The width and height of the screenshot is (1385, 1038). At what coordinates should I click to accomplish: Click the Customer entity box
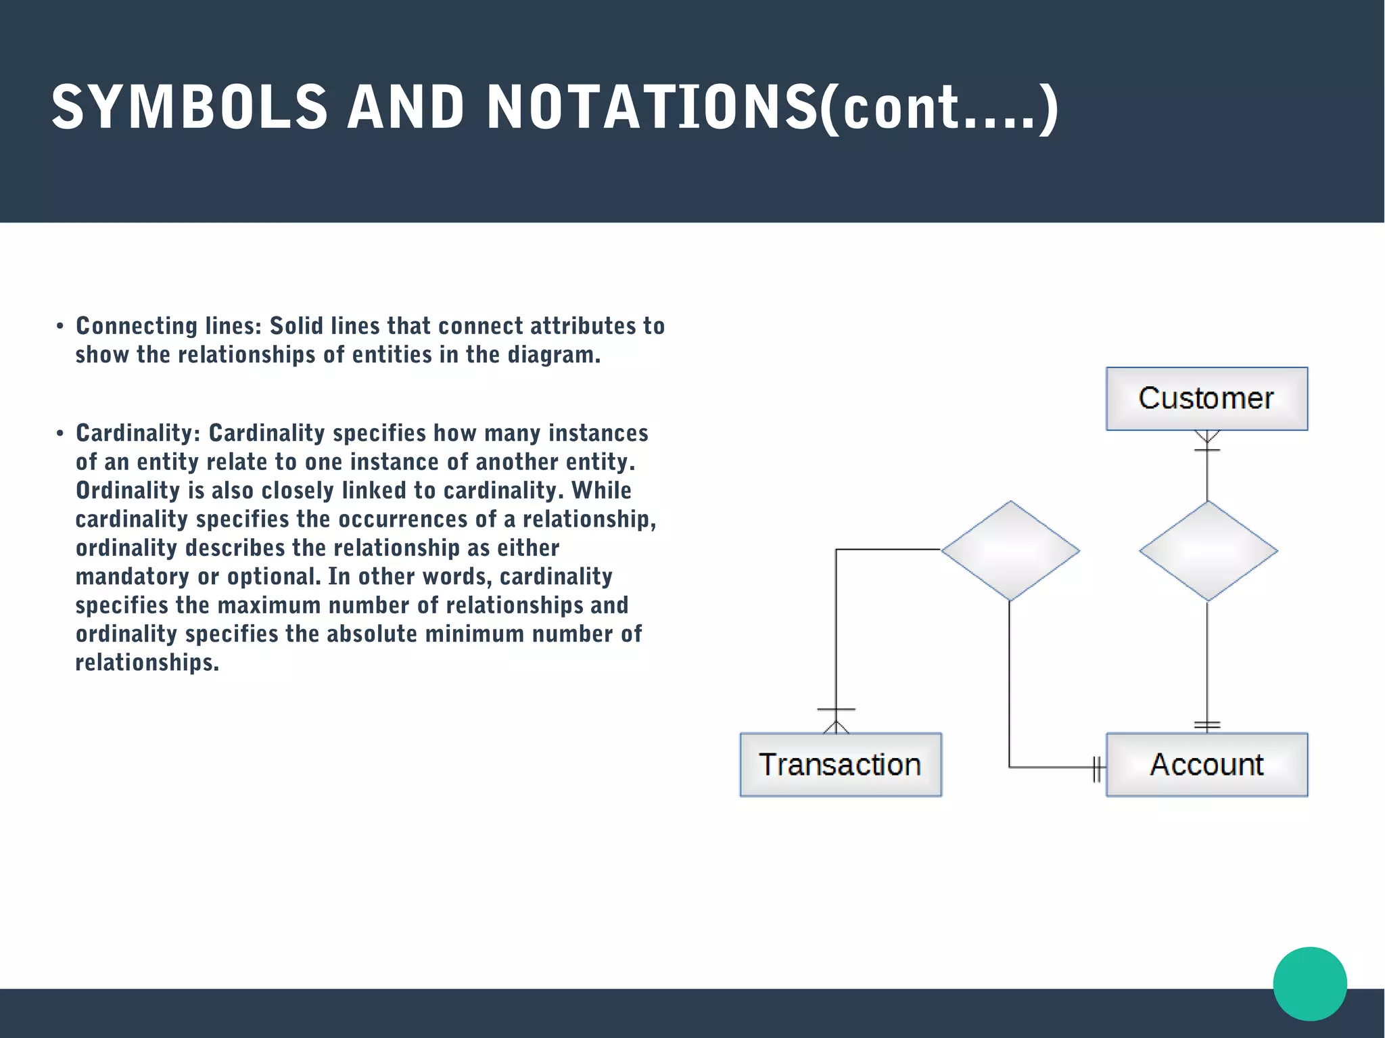tap(1206, 398)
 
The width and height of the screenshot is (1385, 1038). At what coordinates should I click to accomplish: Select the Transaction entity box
tap(840, 765)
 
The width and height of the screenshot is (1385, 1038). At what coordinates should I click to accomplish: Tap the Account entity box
tap(1206, 765)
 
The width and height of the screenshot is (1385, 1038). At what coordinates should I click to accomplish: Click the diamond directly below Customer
tap(1208, 551)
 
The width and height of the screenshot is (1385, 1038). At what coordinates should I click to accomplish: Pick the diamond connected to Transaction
tap(1010, 551)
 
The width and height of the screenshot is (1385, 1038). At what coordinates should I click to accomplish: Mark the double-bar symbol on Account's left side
tap(1098, 768)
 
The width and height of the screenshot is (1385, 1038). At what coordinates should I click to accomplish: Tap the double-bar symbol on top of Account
tap(1207, 725)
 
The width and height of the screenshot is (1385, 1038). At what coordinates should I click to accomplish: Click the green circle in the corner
tap(1310, 983)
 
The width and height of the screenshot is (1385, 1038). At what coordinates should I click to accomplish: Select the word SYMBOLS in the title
tap(190, 107)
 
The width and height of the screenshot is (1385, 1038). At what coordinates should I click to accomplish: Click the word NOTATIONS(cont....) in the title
tap(772, 107)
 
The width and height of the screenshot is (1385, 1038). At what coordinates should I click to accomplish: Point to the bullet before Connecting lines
tap(60, 327)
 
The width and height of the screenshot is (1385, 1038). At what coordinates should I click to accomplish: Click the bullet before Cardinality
tap(60, 433)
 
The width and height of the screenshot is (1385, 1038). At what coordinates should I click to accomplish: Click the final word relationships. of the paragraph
tap(147, 663)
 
